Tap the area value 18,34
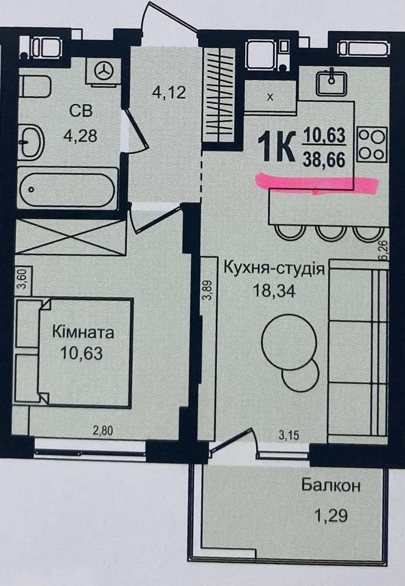click(x=274, y=291)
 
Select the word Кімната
click(x=83, y=333)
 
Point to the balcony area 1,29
click(x=331, y=508)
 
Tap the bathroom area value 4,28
click(x=80, y=136)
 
